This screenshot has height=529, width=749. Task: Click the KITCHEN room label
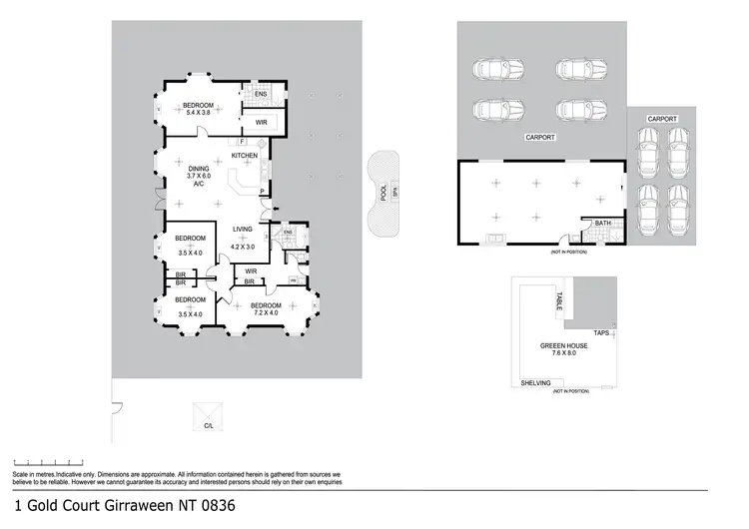click(x=245, y=156)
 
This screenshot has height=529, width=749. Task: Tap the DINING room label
click(x=199, y=169)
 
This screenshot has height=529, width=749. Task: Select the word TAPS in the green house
click(x=601, y=332)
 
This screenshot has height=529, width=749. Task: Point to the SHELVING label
click(x=536, y=382)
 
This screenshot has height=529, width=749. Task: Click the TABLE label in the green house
click(x=559, y=300)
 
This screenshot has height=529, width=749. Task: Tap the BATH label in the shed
click(x=602, y=224)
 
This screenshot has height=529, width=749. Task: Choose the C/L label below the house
click(x=210, y=426)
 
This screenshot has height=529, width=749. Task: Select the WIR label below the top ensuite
click(x=261, y=123)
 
